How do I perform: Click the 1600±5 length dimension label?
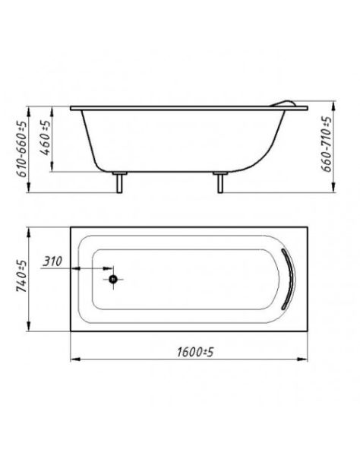point(195,352)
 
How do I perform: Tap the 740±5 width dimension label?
point(22,277)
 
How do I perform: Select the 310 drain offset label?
point(52,261)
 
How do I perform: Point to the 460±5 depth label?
point(45,138)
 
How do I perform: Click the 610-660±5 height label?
point(22,149)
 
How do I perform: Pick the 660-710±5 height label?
point(326,144)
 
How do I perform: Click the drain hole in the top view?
point(113,279)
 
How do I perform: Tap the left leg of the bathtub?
point(119,182)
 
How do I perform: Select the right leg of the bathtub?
point(220,182)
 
